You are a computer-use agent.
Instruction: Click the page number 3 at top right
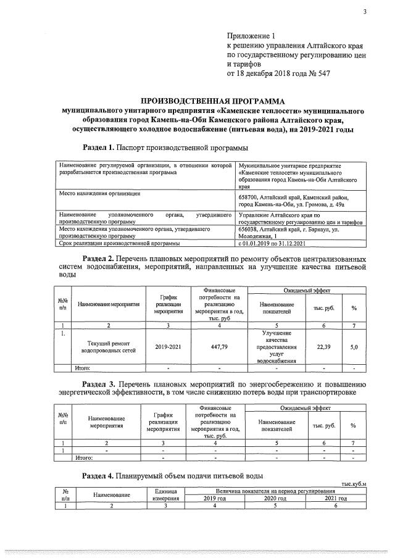point(365,9)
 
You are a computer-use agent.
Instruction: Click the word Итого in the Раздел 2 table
point(83,369)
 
